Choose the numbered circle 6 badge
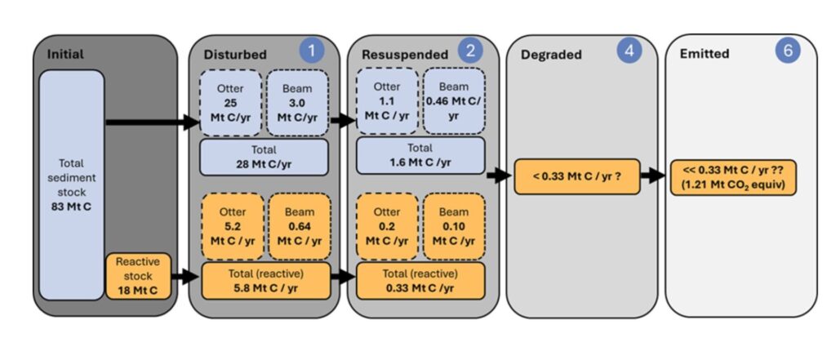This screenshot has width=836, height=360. pos(787,51)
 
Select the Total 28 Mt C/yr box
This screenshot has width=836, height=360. pos(264,156)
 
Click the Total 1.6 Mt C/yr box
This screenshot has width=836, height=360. pos(420,156)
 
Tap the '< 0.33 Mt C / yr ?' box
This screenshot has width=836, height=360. pos(576,176)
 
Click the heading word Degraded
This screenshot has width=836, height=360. pos(550,55)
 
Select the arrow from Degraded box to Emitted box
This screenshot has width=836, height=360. pos(653,176)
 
